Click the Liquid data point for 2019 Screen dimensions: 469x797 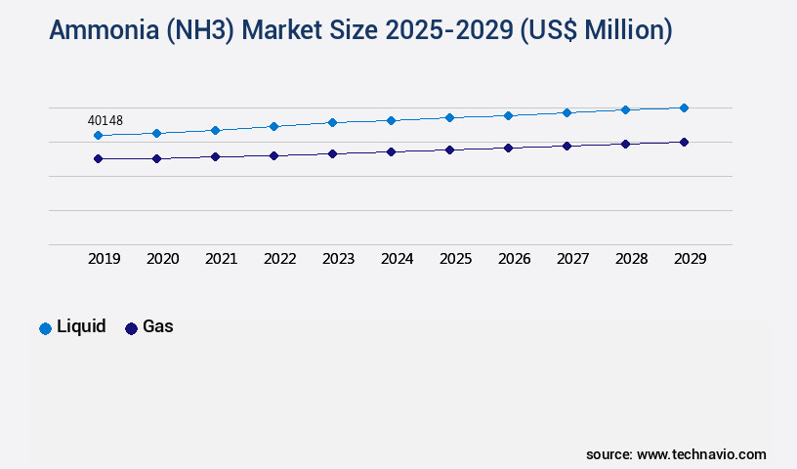[98, 136]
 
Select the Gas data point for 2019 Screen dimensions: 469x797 [98, 158]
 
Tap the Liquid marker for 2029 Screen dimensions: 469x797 [684, 107]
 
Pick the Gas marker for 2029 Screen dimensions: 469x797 [684, 142]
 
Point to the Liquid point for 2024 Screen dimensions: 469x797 [391, 120]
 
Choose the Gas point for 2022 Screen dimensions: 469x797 [273, 155]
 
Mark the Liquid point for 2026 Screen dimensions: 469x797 [508, 115]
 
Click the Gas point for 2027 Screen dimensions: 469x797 [566, 146]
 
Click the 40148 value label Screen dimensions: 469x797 [105, 120]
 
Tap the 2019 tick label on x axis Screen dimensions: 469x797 [105, 259]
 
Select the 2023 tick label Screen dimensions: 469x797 [339, 259]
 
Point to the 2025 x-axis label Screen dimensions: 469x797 [456, 259]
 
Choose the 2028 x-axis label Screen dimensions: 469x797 [632, 259]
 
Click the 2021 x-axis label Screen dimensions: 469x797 [222, 259]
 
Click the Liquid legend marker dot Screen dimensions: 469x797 [45, 328]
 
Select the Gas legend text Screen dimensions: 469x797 [158, 327]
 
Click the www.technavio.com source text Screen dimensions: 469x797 [701, 454]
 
